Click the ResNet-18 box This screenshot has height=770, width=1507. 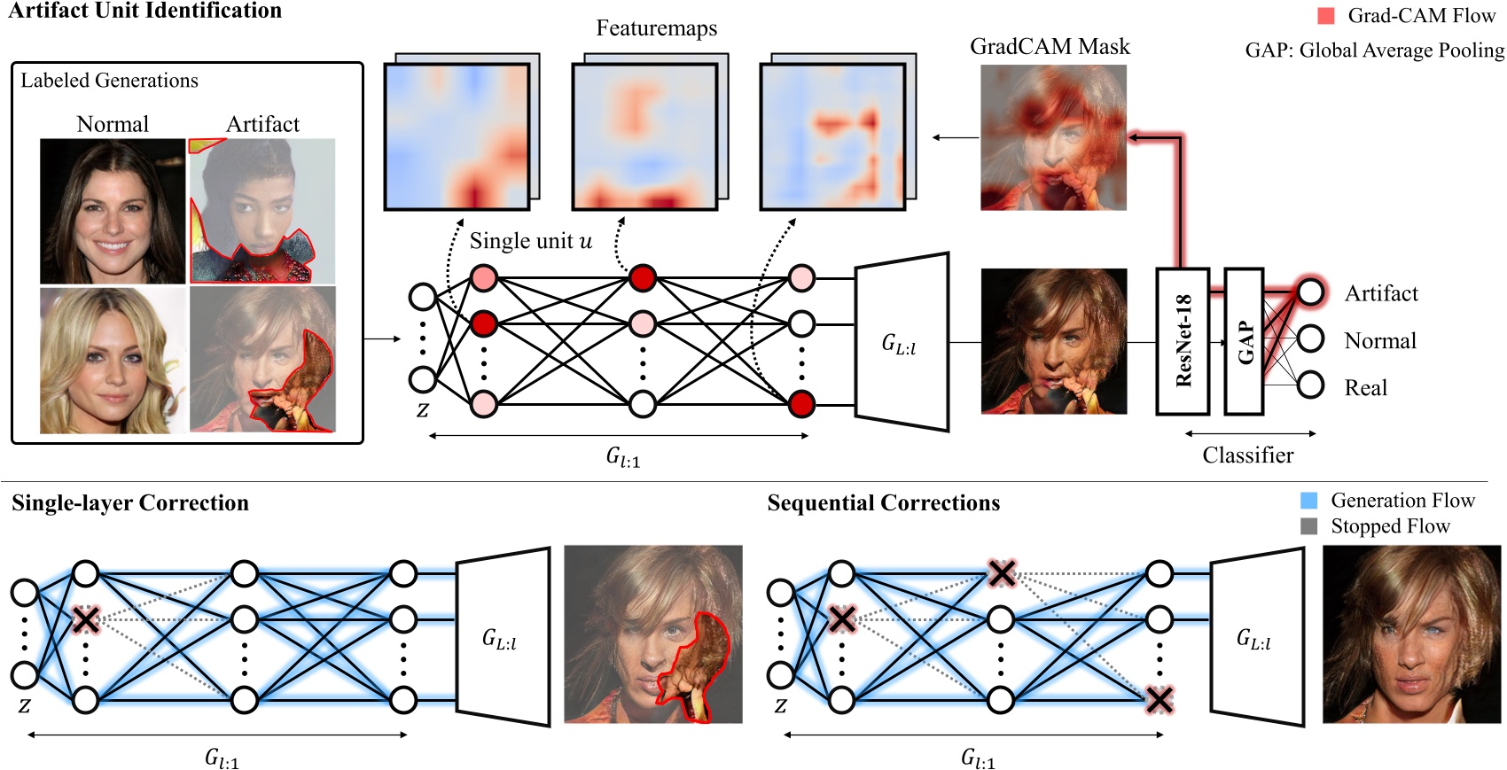(x=1183, y=342)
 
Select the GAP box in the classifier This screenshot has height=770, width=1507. (x=1244, y=342)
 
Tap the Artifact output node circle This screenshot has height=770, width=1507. (x=1310, y=292)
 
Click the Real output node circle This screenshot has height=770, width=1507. (x=1310, y=385)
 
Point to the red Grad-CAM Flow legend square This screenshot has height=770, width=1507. (x=1325, y=16)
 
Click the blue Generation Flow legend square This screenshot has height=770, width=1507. (x=1308, y=501)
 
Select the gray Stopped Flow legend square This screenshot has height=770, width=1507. (x=1308, y=526)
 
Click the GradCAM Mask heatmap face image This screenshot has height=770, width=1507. (x=1053, y=137)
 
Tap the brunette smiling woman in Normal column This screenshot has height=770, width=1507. (x=113, y=211)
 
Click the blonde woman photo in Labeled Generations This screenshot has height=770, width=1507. (x=113, y=360)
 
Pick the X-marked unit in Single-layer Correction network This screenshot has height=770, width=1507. (x=85, y=619)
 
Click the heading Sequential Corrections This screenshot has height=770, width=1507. (x=883, y=503)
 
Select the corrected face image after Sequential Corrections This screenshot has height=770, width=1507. (x=1411, y=634)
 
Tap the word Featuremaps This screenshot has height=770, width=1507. (x=656, y=28)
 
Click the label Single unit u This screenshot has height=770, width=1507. (x=530, y=241)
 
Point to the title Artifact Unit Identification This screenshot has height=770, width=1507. (x=144, y=11)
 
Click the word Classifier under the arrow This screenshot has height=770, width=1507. (x=1247, y=455)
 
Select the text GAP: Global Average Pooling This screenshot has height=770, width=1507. (x=1374, y=51)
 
